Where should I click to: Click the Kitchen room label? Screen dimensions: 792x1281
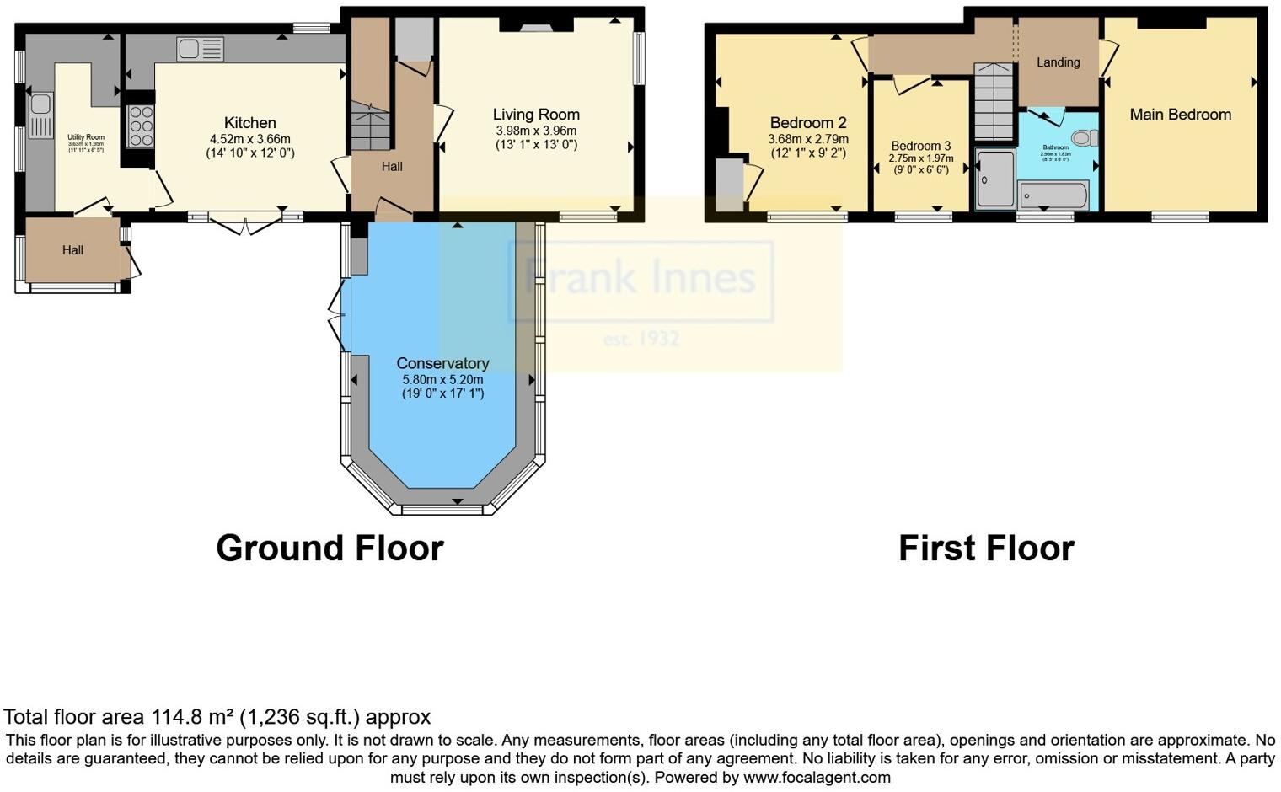pos(249,123)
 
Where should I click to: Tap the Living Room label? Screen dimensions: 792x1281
pos(536,115)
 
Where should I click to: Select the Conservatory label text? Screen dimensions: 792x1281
pos(442,363)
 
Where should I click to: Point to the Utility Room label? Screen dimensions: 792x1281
pos(86,137)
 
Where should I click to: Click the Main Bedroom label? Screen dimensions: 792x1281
pos(1180,115)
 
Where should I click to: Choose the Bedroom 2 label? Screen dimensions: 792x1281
pos(807,123)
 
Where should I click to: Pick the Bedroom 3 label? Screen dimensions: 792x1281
pos(920,146)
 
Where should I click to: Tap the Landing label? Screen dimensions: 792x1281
pos(1058,62)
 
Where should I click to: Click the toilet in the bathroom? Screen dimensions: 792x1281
pos(1085,137)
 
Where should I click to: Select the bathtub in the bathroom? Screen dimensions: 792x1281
pos(1053,195)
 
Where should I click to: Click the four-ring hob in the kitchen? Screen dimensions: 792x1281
pos(141,126)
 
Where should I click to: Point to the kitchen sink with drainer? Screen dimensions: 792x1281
pos(200,50)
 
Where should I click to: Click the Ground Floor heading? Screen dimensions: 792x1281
pos(330,549)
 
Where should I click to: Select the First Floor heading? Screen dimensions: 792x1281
pos(986,549)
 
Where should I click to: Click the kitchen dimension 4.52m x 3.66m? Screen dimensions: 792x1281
pos(249,139)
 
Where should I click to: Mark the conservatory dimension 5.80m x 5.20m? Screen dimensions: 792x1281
pos(442,380)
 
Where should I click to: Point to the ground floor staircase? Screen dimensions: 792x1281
pos(371,126)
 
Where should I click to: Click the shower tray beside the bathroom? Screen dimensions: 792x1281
pos(995,179)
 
